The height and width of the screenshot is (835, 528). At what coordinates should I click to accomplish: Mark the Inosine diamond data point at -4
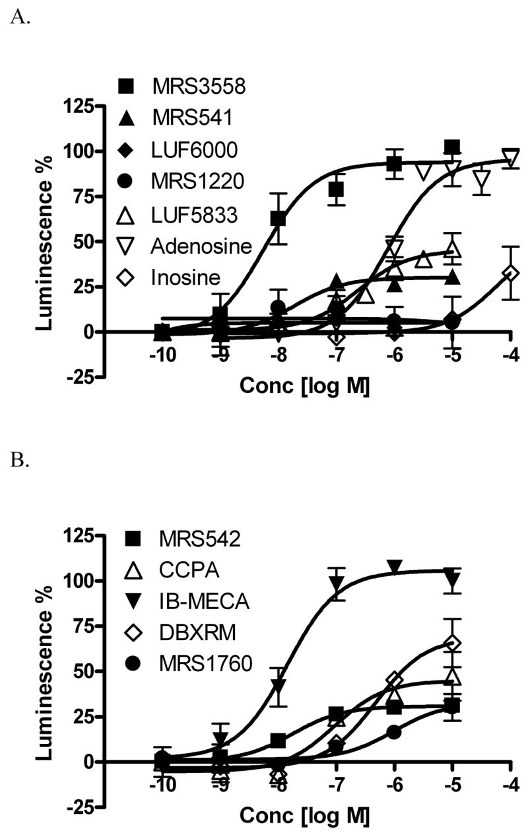[510, 272]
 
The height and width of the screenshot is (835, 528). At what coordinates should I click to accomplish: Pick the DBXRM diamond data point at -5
[452, 643]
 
